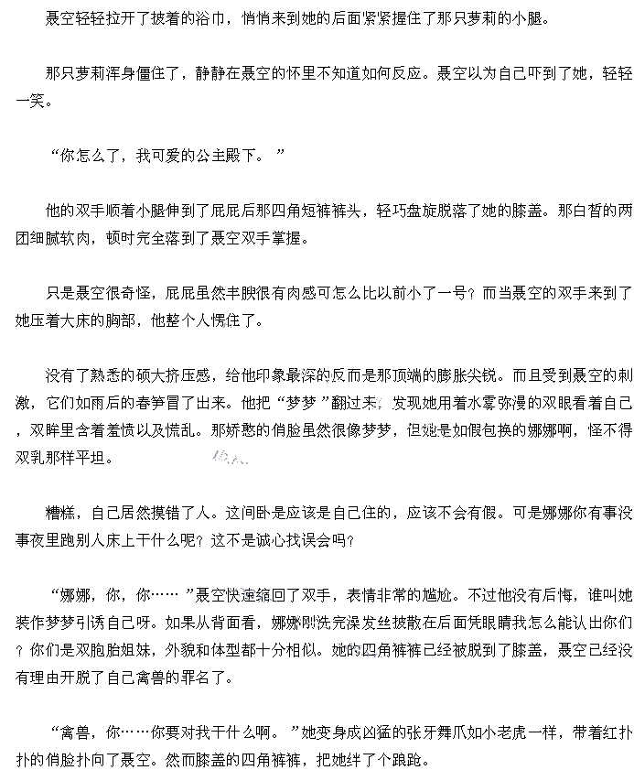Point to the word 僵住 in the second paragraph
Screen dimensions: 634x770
click(x=150, y=73)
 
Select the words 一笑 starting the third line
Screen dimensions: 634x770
click(x=30, y=101)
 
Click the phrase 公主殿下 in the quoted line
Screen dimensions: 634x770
click(x=226, y=157)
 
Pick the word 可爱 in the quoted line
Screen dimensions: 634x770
click(x=166, y=157)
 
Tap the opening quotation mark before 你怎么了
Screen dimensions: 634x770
click(x=54, y=153)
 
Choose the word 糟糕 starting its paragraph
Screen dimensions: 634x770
click(x=59, y=513)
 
